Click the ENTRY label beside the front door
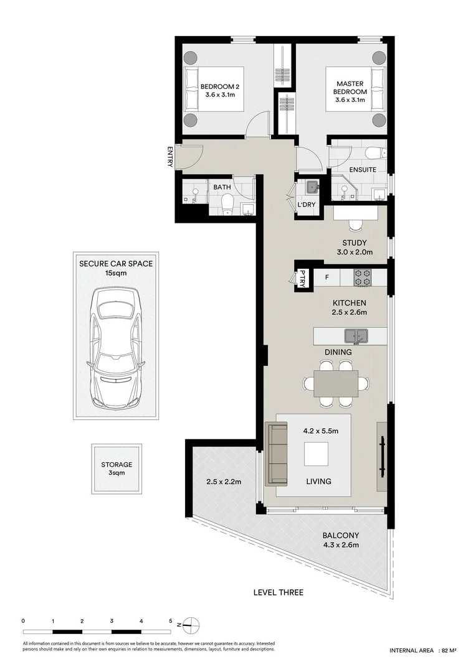(169, 156)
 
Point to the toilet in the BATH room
(227, 203)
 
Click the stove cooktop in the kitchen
(363, 277)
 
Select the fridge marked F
(326, 277)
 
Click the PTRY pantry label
(303, 278)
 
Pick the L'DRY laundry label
(306, 205)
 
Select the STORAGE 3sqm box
(117, 468)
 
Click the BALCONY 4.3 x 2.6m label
(340, 540)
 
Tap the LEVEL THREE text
(278, 592)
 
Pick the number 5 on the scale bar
(170, 621)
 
